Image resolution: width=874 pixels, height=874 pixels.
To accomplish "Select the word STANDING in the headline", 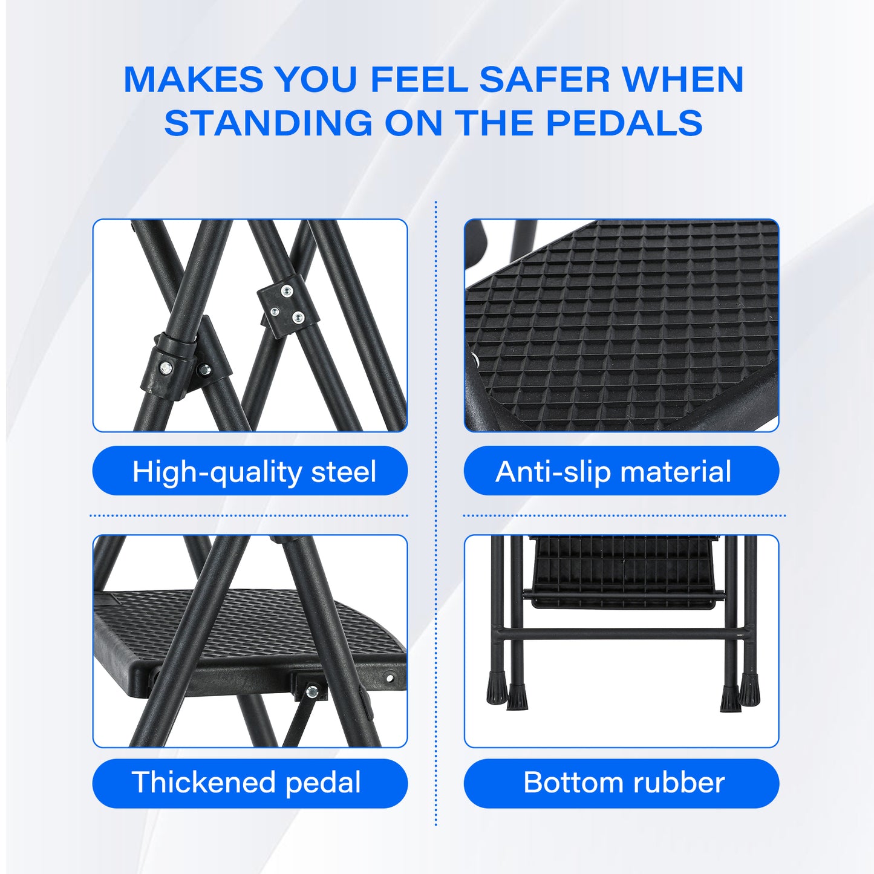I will pos(269,123).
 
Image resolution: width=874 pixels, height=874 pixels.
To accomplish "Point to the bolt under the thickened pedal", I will pos(311,691).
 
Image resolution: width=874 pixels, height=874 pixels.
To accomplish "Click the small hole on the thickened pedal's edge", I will pos(390,678).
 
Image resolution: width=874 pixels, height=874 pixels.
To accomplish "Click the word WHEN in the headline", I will pos(682,80).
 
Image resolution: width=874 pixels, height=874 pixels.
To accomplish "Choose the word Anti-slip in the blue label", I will pos(552,471).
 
